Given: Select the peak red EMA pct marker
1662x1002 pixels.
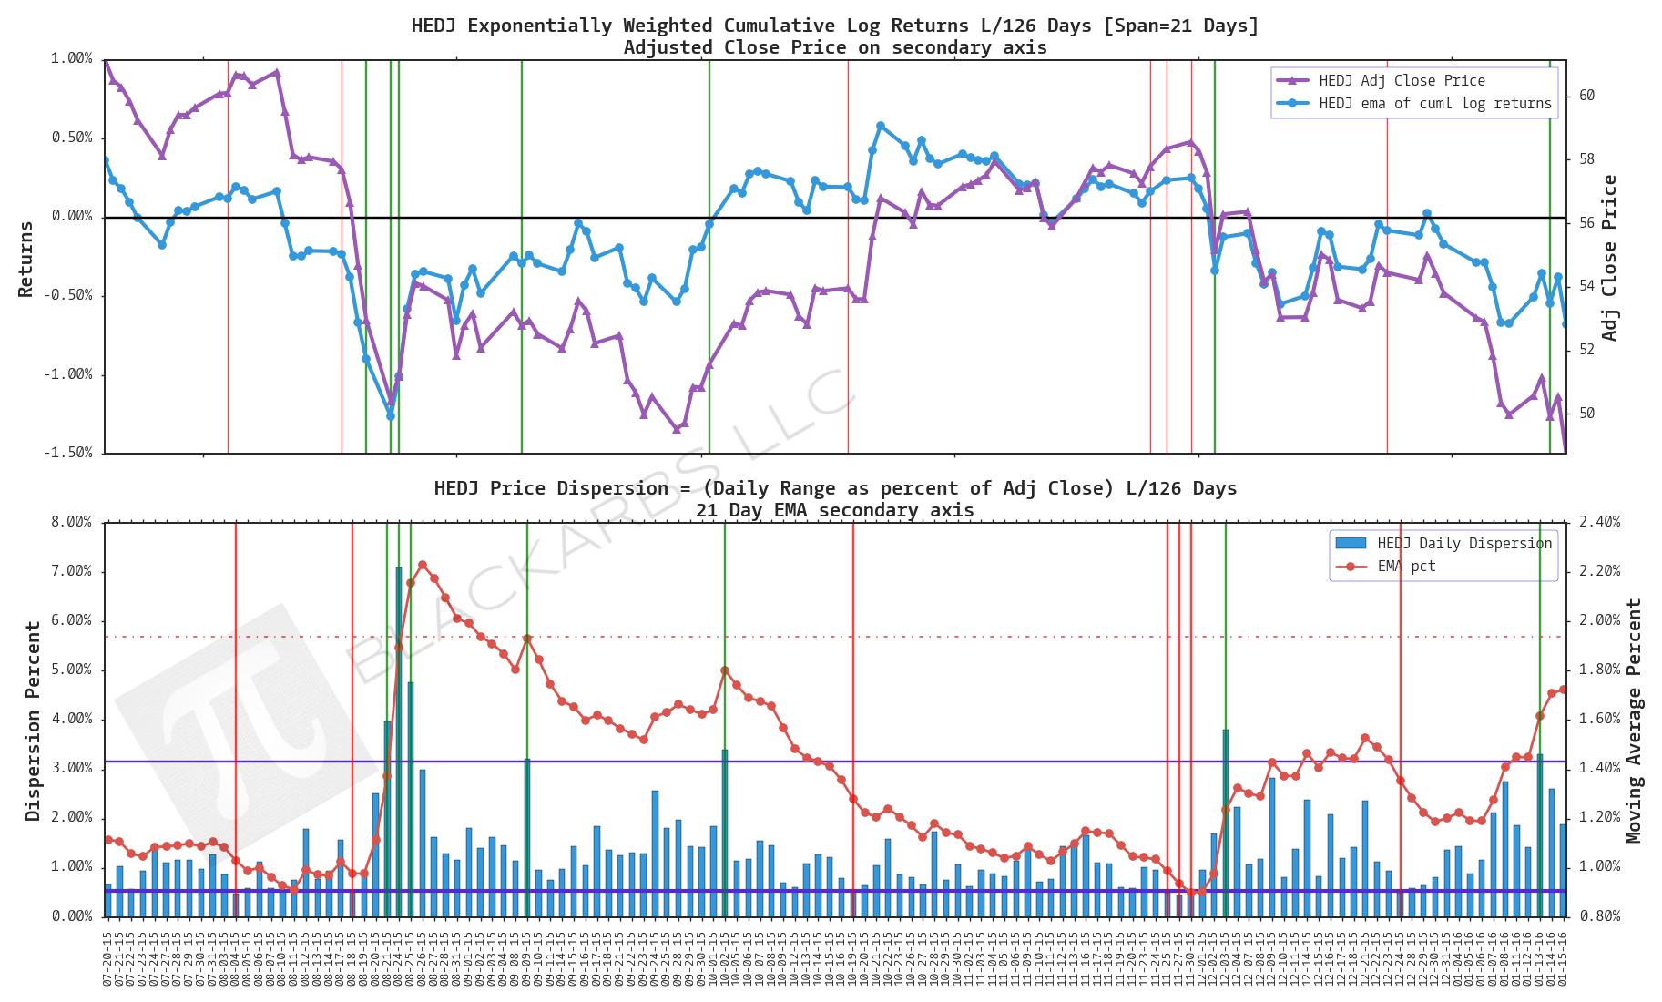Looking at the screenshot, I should click(422, 566).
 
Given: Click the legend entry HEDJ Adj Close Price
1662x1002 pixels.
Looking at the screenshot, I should click(1402, 80).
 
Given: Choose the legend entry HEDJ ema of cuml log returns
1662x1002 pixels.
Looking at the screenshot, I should click(1434, 103).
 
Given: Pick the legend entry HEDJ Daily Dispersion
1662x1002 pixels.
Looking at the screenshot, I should click(1463, 543).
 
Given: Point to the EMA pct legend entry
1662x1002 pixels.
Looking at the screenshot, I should click(1406, 566).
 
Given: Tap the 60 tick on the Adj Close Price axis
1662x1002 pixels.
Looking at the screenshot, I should click(1586, 96).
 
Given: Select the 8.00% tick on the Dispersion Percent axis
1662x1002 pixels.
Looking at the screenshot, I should click(71, 522).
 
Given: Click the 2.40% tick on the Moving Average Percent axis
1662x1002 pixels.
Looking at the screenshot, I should click(1599, 522).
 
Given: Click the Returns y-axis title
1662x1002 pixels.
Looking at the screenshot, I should click(25, 259).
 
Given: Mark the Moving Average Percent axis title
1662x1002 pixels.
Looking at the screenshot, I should click(1634, 720).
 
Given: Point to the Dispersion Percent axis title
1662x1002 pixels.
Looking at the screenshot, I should click(33, 721).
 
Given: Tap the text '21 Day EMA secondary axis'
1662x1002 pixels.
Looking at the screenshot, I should click(834, 510).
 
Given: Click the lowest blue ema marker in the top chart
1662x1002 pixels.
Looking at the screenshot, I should click(391, 415).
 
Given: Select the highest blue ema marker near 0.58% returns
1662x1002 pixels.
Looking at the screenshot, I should click(881, 126).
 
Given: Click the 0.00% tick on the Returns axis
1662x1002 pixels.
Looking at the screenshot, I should click(71, 217).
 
